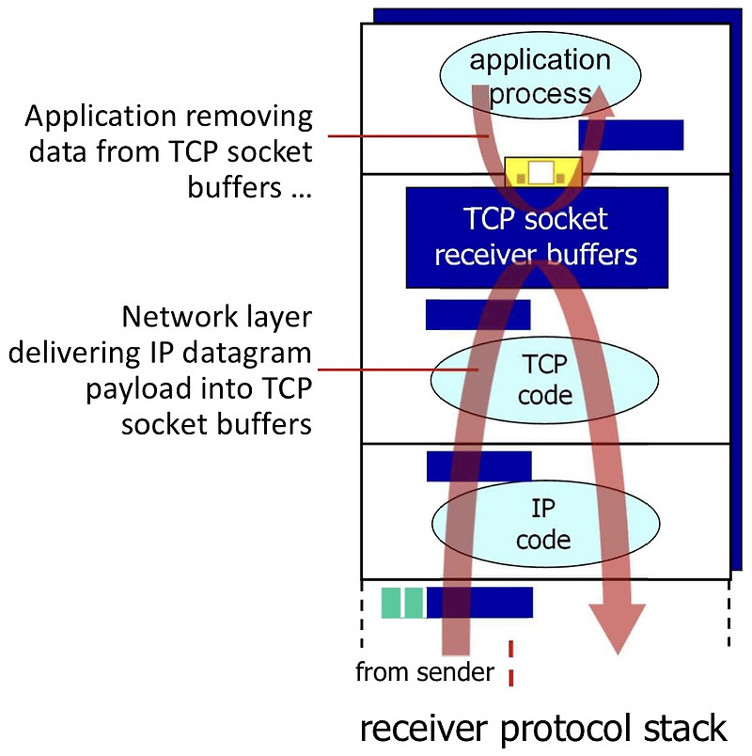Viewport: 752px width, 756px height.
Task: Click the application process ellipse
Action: [540, 77]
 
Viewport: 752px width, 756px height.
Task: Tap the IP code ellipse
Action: [544, 525]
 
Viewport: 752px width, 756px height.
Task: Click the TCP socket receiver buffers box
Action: [537, 237]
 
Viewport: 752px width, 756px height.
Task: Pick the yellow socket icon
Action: [543, 172]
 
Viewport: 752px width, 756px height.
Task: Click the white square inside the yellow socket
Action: [541, 173]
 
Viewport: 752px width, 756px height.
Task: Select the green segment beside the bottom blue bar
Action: [401, 603]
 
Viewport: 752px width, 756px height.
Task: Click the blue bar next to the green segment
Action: [479, 603]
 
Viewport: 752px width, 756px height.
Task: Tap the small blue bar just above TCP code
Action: [478, 315]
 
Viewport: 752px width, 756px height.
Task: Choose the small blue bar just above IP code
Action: [478, 466]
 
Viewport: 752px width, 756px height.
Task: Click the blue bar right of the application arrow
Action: [632, 134]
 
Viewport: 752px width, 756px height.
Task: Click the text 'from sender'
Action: [424, 672]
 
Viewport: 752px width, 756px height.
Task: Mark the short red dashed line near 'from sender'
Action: [511, 662]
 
